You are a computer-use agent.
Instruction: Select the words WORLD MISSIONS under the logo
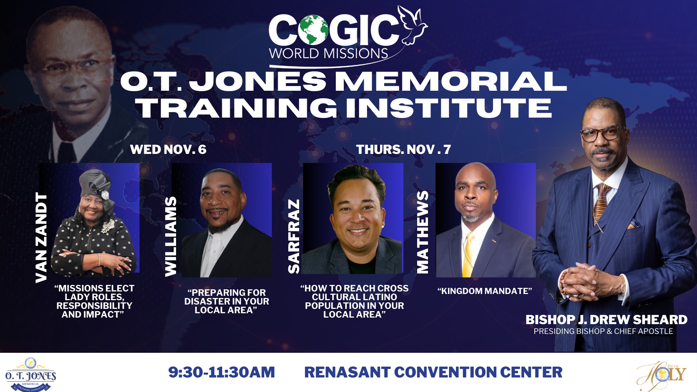(329, 54)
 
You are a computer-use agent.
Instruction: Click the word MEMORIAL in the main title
(450, 81)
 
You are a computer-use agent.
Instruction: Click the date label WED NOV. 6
(168, 150)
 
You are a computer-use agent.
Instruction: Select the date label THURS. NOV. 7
(403, 150)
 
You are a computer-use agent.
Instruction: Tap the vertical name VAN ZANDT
(42, 238)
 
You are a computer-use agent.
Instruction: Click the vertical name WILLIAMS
(171, 237)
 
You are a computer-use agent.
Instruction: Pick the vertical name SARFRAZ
(294, 236)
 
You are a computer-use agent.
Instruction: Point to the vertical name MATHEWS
(422, 232)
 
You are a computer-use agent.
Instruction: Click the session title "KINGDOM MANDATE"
(485, 291)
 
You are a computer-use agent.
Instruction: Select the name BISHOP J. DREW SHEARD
(606, 320)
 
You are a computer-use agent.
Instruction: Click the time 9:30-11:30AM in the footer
(221, 372)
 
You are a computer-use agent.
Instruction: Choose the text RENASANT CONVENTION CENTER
(433, 372)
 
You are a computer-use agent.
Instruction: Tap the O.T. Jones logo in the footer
(30, 375)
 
